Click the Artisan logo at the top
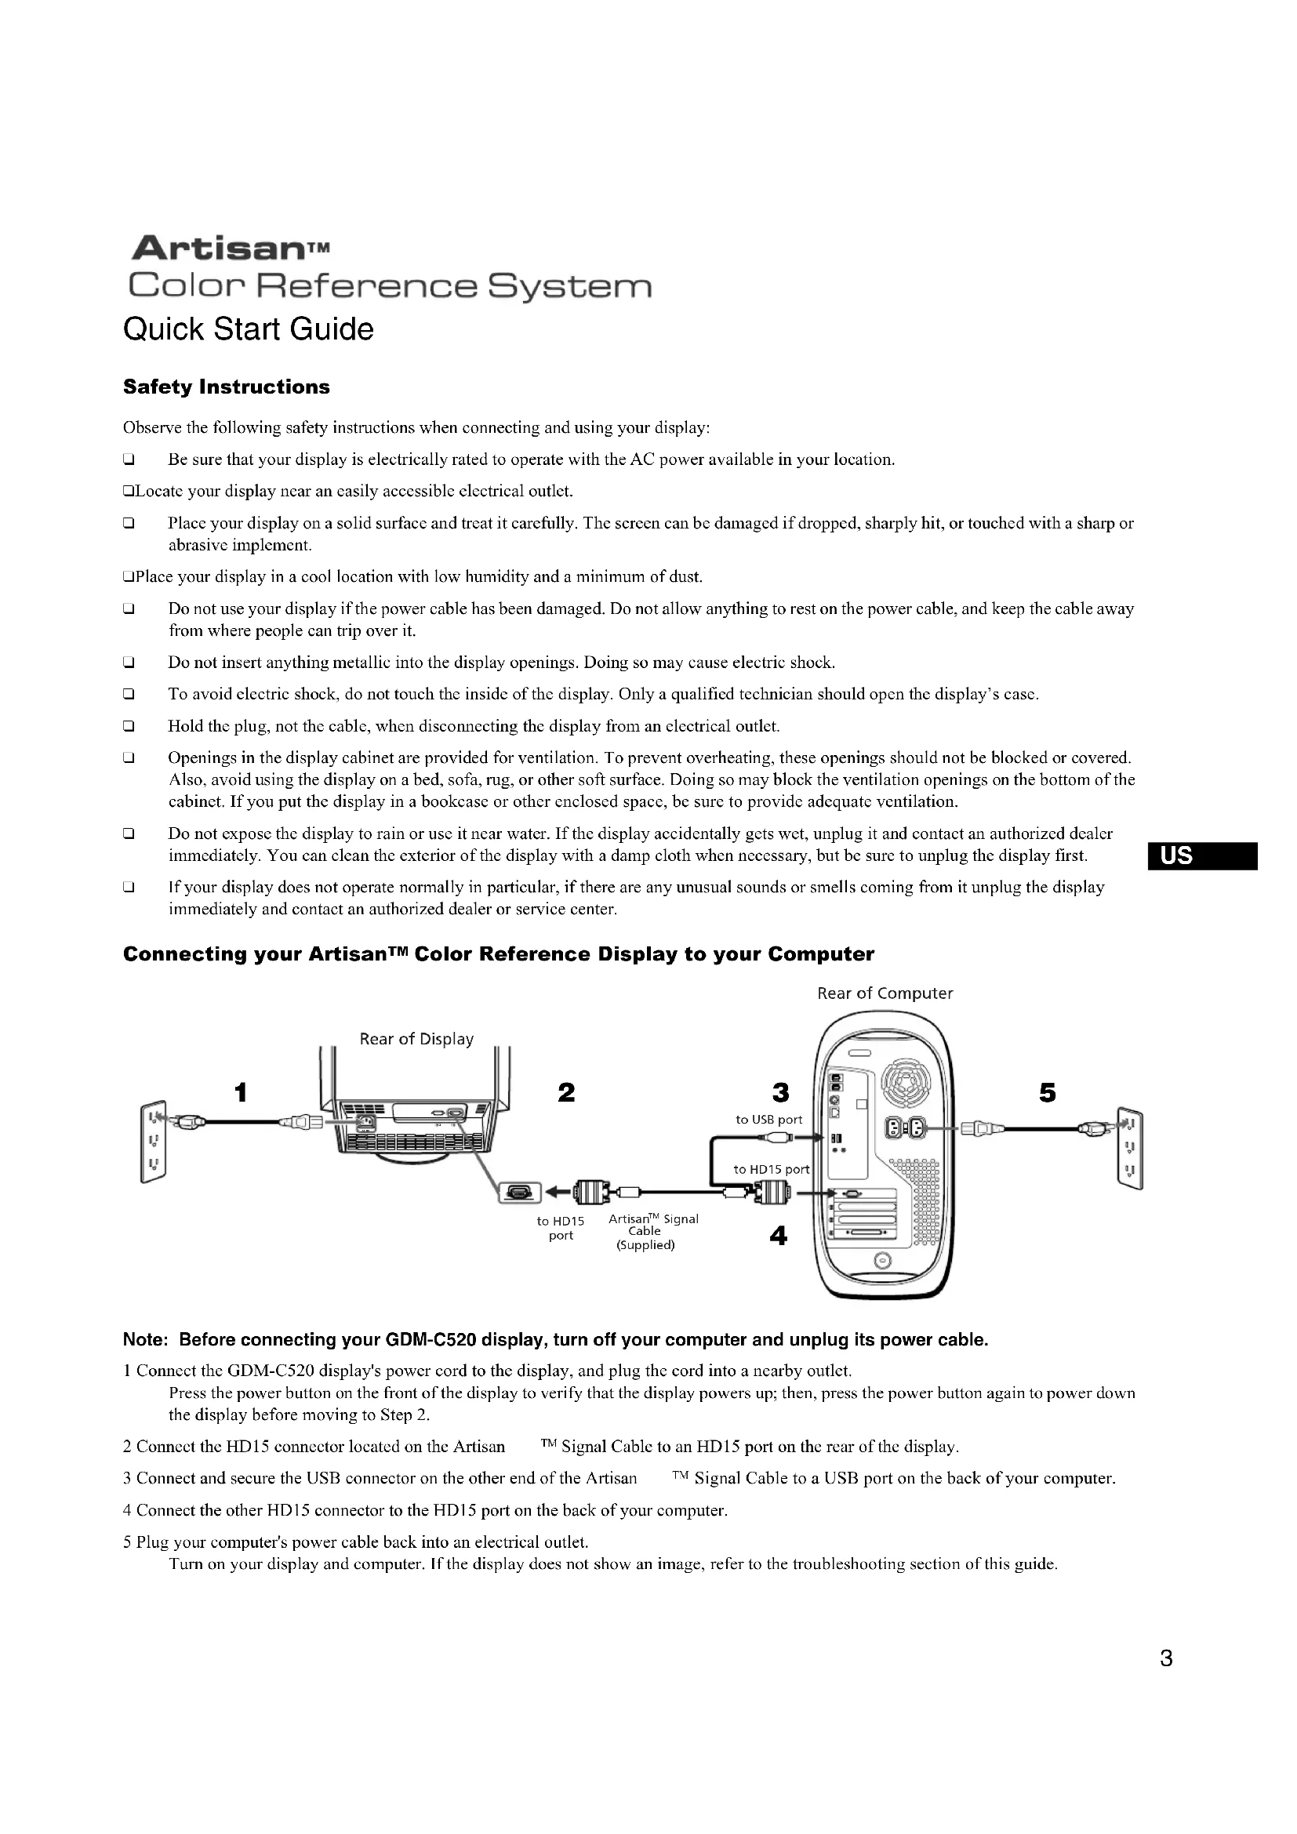pyautogui.click(x=229, y=249)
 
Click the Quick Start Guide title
pyautogui.click(x=249, y=329)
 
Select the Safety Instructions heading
pyautogui.click(x=226, y=387)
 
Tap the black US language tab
pyautogui.click(x=1203, y=856)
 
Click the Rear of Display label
pyautogui.click(x=416, y=1039)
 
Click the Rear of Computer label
pyautogui.click(x=885, y=993)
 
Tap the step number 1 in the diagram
pyautogui.click(x=241, y=1092)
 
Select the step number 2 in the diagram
pyautogui.click(x=566, y=1092)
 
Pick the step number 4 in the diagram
pyautogui.click(x=778, y=1237)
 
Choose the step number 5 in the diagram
pyautogui.click(x=1048, y=1092)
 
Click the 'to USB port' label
pyautogui.click(x=769, y=1120)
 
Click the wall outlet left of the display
pyautogui.click(x=154, y=1143)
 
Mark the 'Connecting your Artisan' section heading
pyautogui.click(x=499, y=954)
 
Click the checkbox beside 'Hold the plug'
pyautogui.click(x=128, y=727)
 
